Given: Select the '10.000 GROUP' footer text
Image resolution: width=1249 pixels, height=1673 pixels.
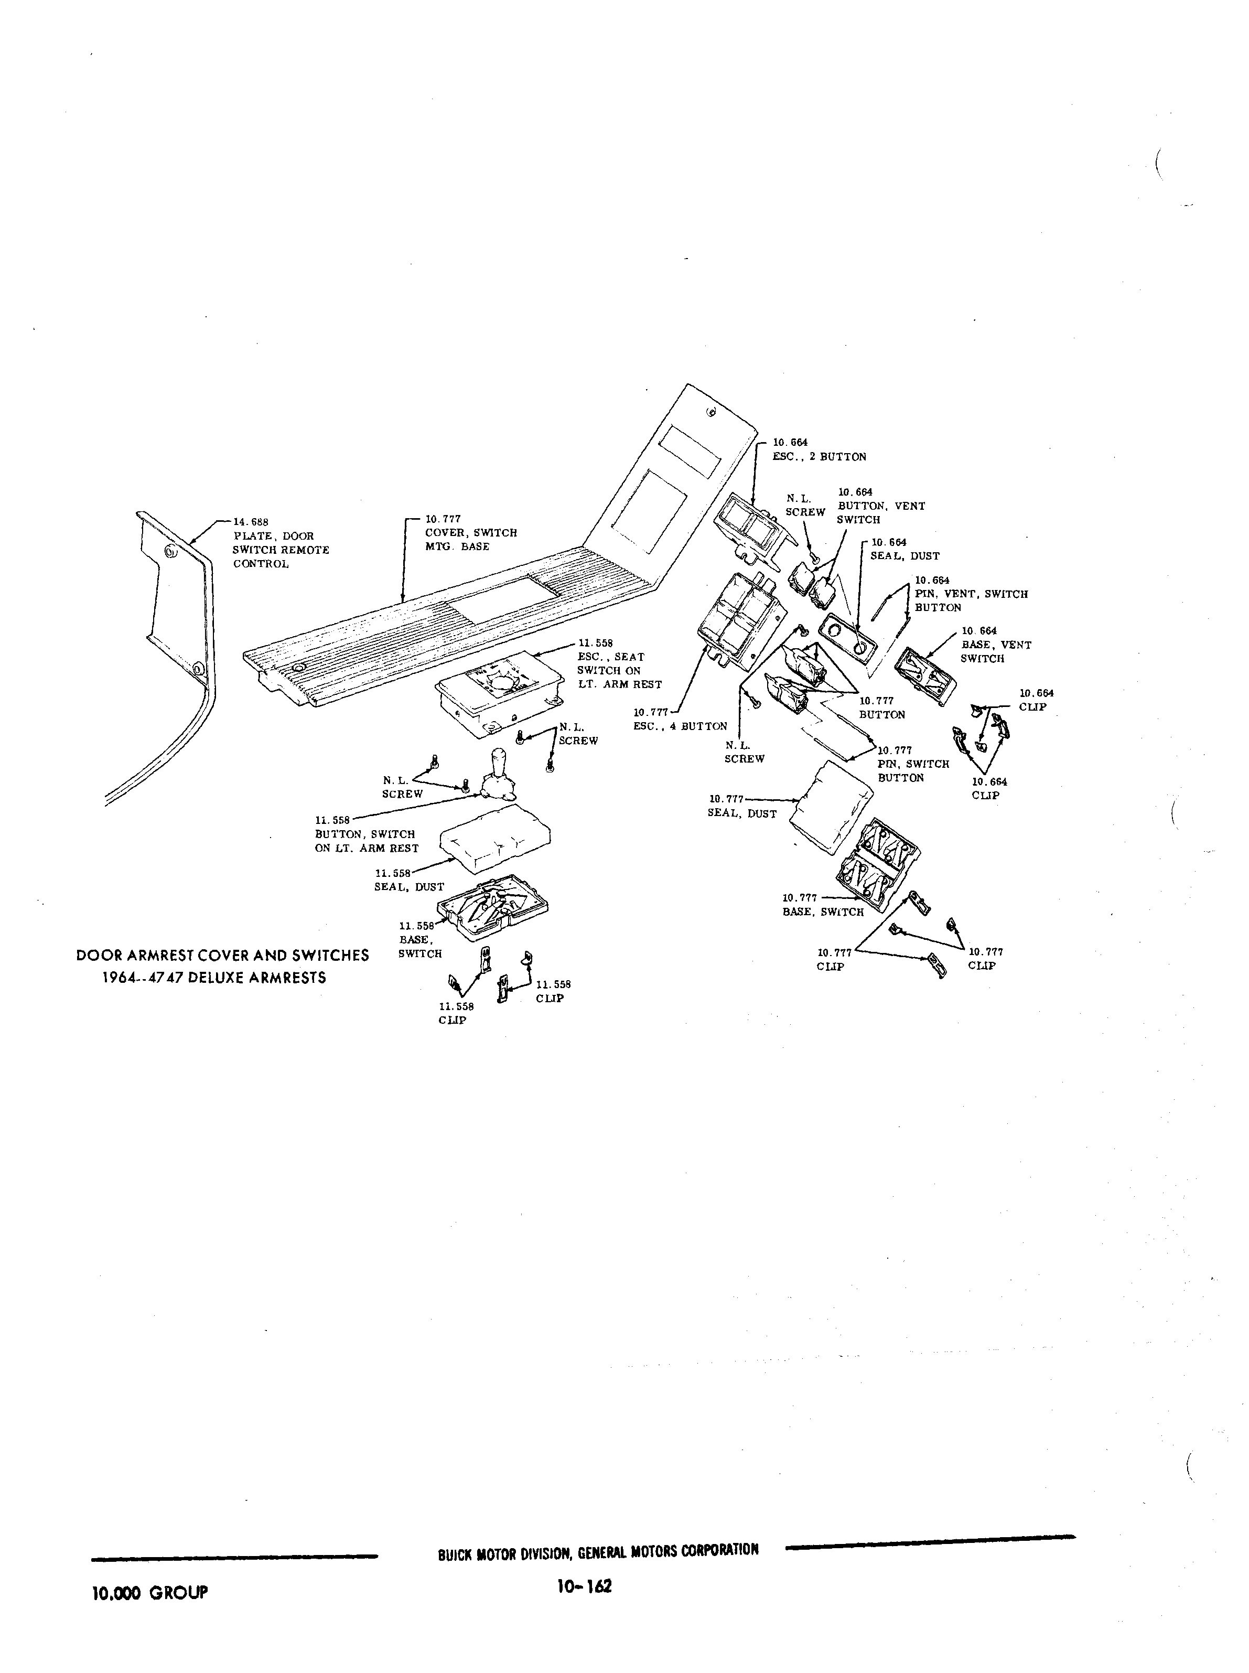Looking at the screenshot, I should (149, 1592).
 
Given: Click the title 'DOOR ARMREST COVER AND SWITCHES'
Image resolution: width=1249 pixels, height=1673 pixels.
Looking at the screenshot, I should (223, 955).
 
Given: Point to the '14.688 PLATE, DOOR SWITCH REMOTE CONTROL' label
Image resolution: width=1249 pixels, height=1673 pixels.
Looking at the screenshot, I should (279, 543).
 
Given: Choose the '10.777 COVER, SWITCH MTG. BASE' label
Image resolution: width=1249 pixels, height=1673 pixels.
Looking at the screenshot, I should (470, 533).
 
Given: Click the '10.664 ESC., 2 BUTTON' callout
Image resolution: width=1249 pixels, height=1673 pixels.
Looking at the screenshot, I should (819, 450).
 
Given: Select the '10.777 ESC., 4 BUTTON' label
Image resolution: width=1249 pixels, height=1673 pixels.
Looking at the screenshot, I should (680, 719).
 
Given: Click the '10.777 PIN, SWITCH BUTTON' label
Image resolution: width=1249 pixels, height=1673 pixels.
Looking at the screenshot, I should (912, 764).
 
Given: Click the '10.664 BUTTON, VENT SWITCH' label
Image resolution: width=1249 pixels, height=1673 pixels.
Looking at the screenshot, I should (880, 506).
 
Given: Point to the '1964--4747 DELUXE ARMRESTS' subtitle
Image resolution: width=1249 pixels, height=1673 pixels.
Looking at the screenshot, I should (214, 978).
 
